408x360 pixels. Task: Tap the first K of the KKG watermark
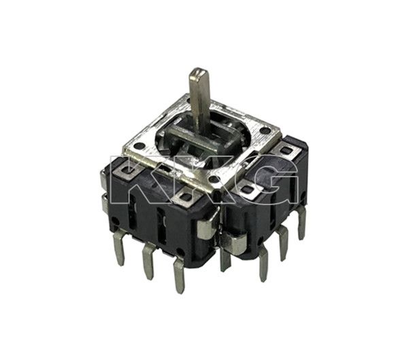click(140, 178)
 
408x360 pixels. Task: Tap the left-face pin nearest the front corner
click(179, 274)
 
